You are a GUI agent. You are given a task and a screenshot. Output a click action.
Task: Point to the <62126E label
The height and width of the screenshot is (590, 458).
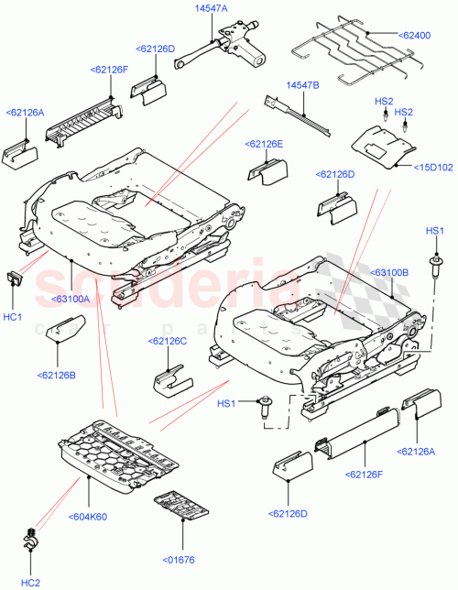264,144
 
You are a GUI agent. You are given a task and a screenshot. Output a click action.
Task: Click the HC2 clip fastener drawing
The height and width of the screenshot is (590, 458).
32,541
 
